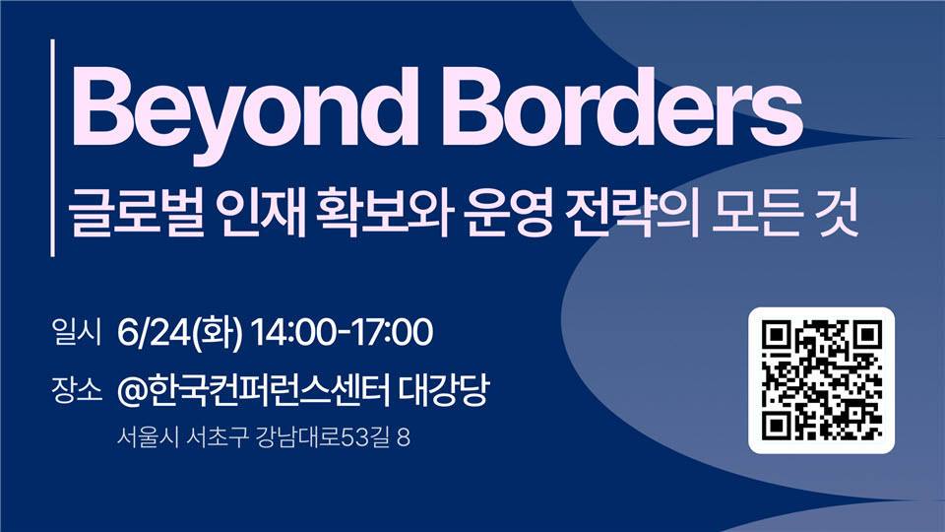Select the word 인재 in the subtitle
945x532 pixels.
coord(264,214)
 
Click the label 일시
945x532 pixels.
coord(76,332)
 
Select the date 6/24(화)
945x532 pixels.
coord(179,332)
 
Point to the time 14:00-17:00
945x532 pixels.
coord(342,332)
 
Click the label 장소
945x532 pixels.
coord(77,390)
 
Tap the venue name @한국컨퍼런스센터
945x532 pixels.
coord(253,390)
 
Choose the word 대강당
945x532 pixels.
coord(444,390)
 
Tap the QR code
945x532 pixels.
coord(821,380)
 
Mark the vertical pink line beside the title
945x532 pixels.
coord(53,148)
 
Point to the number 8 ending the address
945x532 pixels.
coord(404,437)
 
